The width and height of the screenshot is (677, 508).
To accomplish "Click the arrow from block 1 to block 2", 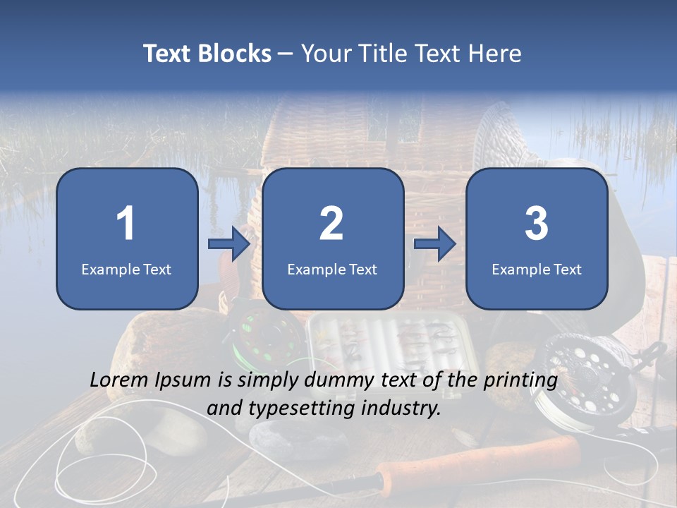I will pyautogui.click(x=229, y=244).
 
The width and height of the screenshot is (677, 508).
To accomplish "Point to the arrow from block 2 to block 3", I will pyautogui.click(x=435, y=244).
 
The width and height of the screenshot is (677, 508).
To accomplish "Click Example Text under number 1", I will pyautogui.click(x=126, y=269).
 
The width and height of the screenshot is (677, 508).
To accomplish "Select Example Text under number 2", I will pyautogui.click(x=332, y=269).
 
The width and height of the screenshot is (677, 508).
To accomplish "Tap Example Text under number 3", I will pyautogui.click(x=537, y=269).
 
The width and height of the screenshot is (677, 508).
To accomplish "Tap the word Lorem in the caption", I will pyautogui.click(x=118, y=380).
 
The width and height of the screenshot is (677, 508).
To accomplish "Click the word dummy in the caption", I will pyautogui.click(x=337, y=381).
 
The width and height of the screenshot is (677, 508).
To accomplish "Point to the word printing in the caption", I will pyautogui.click(x=520, y=381).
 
